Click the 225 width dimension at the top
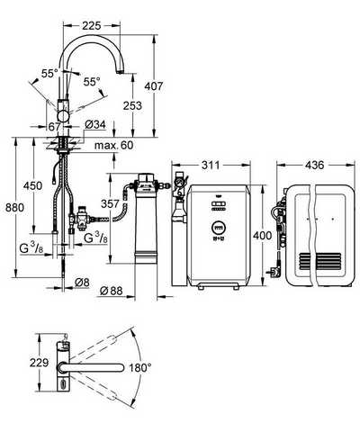(x=92, y=26)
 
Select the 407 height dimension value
(x=154, y=86)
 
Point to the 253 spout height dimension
(x=132, y=105)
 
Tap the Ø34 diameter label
(x=95, y=124)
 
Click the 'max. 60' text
(x=113, y=146)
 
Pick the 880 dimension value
(x=15, y=207)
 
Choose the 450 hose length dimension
(x=32, y=185)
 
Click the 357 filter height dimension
(x=110, y=204)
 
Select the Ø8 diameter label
(x=82, y=283)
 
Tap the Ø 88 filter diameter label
(x=112, y=291)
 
